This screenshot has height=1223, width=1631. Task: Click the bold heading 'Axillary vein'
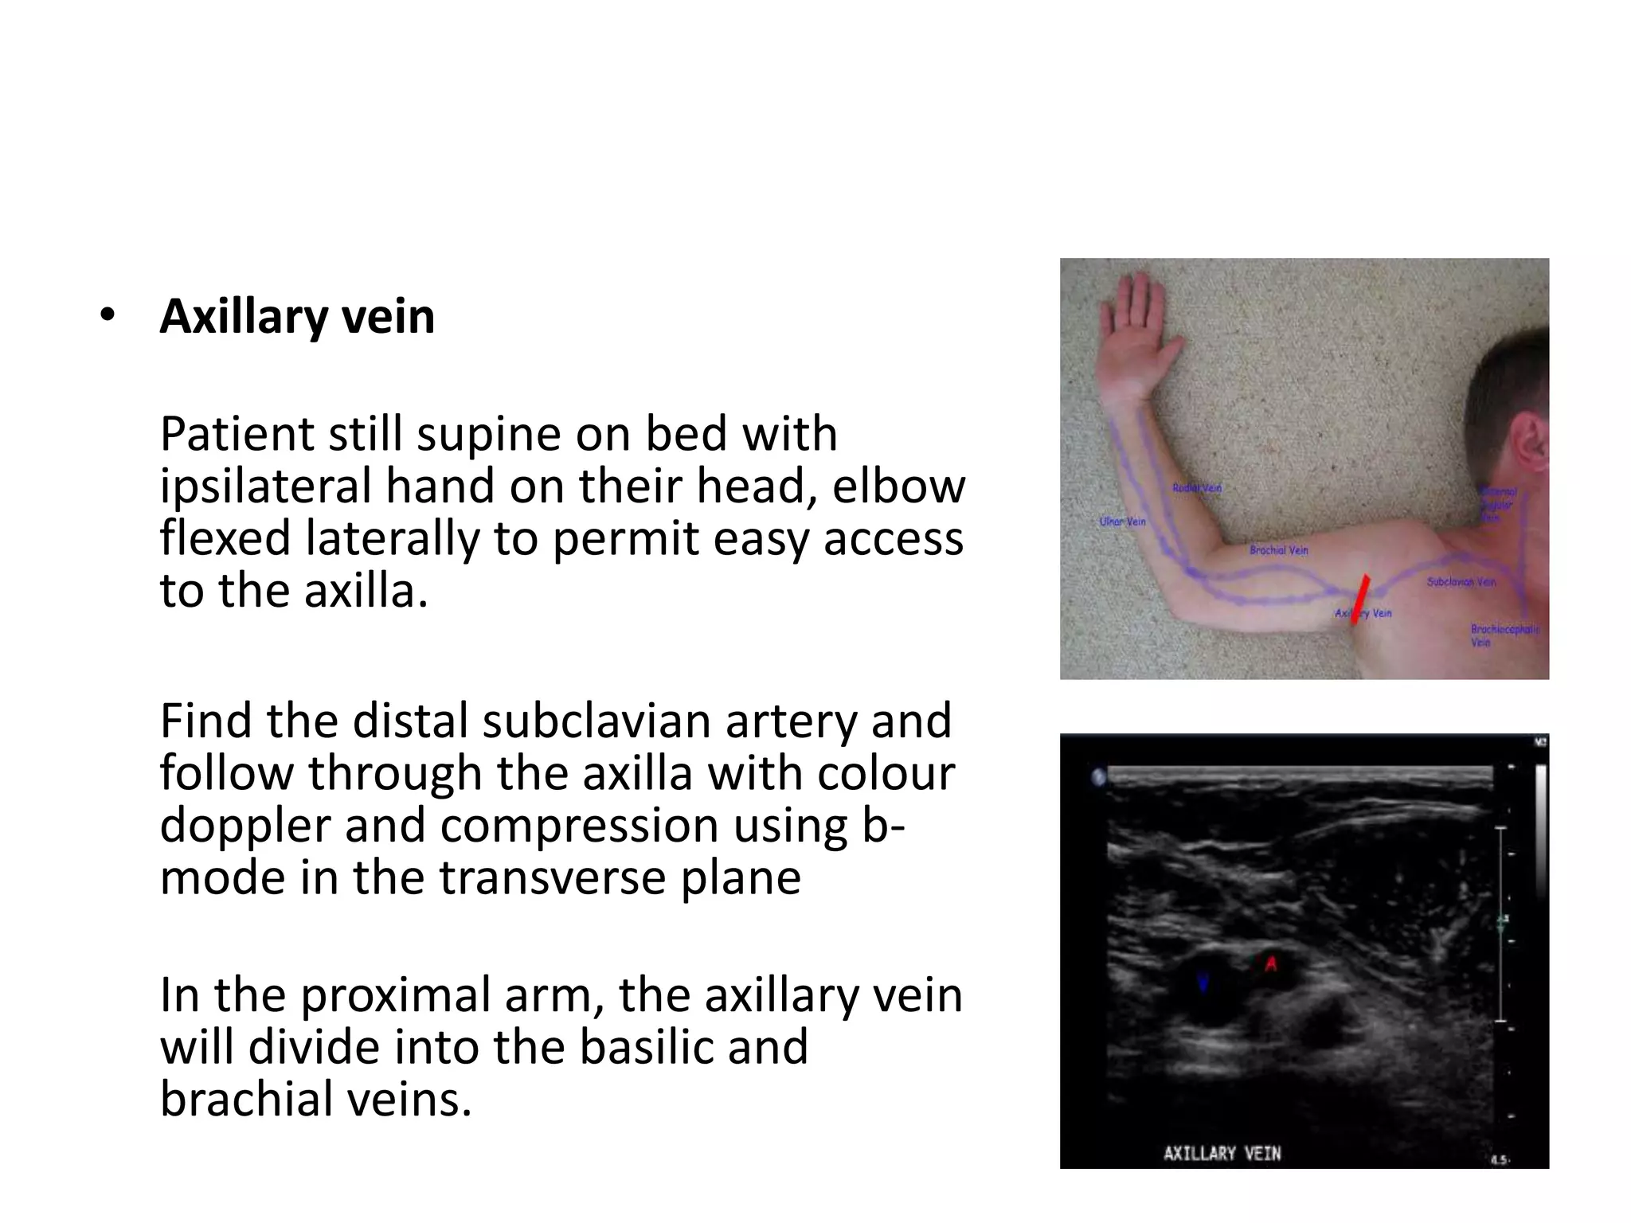point(297,317)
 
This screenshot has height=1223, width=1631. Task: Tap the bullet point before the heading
point(108,316)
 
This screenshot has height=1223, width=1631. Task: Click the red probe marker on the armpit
point(1361,600)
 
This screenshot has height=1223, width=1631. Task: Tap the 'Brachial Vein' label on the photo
point(1278,550)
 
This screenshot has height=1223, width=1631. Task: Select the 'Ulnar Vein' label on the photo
point(1122,522)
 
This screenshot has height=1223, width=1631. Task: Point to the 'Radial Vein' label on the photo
point(1196,487)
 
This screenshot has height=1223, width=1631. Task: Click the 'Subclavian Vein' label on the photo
point(1461,582)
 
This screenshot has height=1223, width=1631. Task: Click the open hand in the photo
point(1136,334)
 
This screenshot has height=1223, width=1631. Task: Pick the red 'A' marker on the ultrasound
point(1272,963)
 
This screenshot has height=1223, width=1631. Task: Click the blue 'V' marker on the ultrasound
point(1203,983)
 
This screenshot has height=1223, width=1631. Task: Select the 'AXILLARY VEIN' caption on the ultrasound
point(1222,1153)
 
